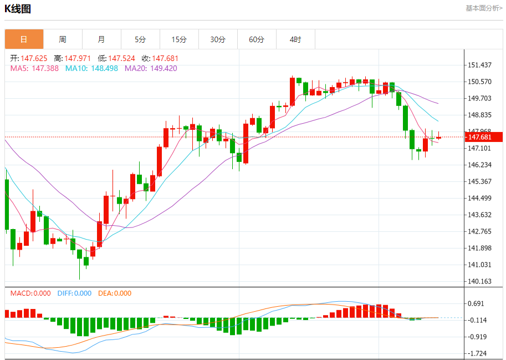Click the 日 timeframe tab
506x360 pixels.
click(x=24, y=39)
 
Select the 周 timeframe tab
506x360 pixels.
click(x=63, y=39)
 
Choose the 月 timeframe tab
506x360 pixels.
click(x=101, y=39)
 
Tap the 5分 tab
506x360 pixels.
click(x=140, y=39)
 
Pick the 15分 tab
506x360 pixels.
click(x=179, y=39)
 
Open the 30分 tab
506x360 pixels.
click(x=218, y=39)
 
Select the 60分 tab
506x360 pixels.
click(x=257, y=39)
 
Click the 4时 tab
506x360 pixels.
click(x=295, y=39)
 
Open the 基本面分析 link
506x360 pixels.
click(x=484, y=8)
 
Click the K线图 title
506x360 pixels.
click(x=18, y=9)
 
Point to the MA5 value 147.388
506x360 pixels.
click(x=45, y=68)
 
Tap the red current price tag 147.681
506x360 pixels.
click(x=480, y=137)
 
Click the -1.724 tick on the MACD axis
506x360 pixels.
click(x=477, y=353)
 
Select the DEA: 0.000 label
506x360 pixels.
click(x=115, y=293)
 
